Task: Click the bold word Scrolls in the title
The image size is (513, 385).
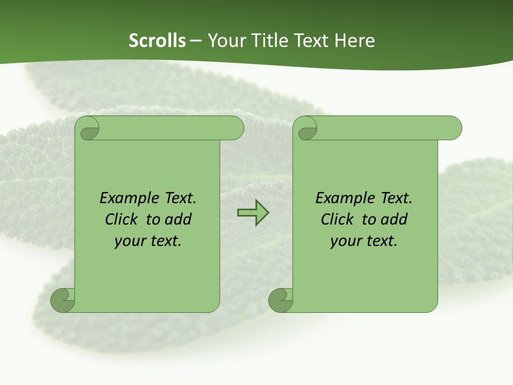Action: [x=157, y=41]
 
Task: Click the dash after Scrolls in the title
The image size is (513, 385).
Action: [x=196, y=41]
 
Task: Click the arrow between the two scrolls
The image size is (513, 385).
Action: [x=253, y=213]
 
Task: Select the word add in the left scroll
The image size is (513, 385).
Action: [x=178, y=219]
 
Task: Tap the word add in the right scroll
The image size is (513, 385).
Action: [x=394, y=219]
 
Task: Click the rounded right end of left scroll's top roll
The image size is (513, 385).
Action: [x=236, y=128]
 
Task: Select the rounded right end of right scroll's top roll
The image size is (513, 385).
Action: [x=454, y=128]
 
